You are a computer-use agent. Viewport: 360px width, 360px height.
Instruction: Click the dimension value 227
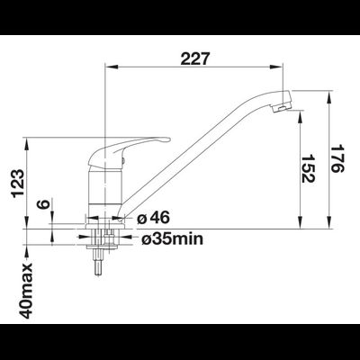click(193, 58)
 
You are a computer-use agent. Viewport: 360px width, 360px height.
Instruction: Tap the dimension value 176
click(337, 158)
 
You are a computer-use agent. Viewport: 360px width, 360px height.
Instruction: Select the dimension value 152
click(308, 168)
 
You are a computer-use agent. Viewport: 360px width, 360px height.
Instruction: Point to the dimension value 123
click(17, 183)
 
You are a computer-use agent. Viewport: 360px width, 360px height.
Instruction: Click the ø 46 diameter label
click(153, 217)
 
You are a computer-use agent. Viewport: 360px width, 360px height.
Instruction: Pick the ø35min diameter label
click(172, 239)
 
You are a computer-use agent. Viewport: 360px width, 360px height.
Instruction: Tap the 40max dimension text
click(26, 291)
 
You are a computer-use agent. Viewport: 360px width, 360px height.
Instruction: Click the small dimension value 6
click(43, 204)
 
